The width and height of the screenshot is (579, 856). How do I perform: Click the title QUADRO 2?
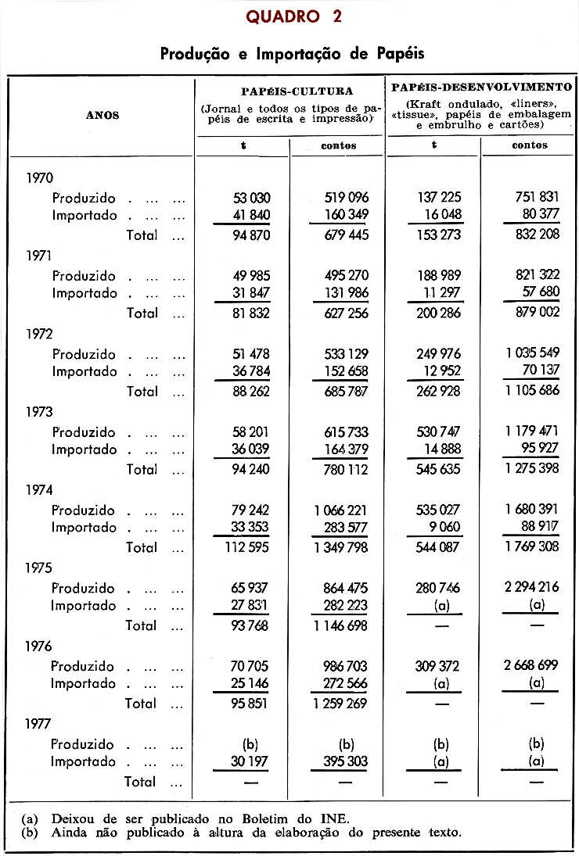(x=293, y=16)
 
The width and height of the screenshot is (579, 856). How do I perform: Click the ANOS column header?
(x=102, y=116)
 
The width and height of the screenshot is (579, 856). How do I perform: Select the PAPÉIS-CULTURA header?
(x=290, y=91)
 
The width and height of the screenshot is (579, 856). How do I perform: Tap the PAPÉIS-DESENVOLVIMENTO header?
(x=481, y=88)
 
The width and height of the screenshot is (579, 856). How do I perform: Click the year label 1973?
(x=39, y=412)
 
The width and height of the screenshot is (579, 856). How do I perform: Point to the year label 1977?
(x=39, y=725)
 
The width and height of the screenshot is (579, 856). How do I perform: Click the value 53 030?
(x=246, y=199)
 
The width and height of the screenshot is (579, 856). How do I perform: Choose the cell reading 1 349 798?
(x=340, y=547)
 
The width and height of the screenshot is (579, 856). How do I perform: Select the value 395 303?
(x=340, y=762)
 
